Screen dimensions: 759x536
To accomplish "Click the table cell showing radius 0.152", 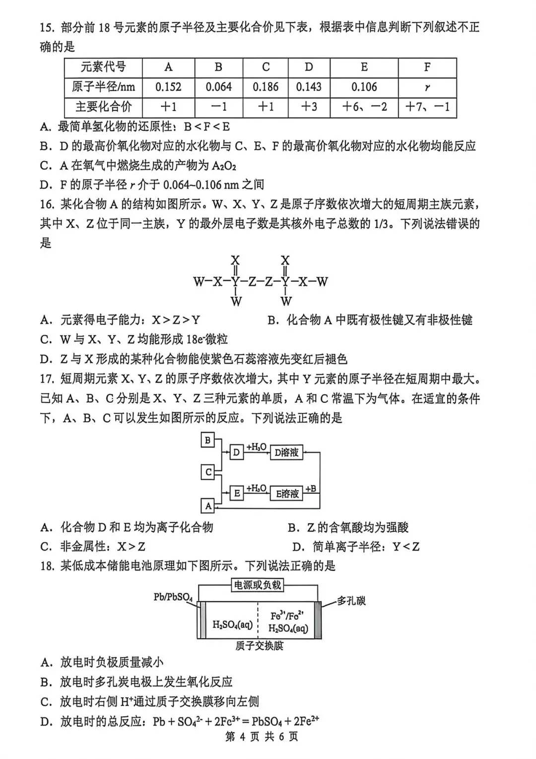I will [x=168, y=87].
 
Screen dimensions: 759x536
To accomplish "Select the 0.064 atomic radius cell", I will [x=218, y=87].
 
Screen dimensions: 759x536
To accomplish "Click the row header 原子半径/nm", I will [x=103, y=87].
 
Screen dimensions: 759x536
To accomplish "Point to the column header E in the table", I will [x=364, y=67].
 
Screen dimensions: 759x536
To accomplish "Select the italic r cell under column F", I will [x=427, y=87].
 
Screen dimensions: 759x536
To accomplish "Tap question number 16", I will [x=47, y=204].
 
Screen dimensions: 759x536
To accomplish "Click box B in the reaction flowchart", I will [x=207, y=440].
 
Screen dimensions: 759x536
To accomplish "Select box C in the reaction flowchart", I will [x=208, y=472].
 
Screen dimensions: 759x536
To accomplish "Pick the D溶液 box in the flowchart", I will [x=286, y=452].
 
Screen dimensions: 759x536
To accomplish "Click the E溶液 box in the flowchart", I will [x=287, y=494].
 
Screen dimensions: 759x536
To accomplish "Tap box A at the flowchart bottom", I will [x=208, y=506].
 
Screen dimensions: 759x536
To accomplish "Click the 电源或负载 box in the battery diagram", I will [x=258, y=585].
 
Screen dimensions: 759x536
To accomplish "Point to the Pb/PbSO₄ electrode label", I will [x=173, y=597].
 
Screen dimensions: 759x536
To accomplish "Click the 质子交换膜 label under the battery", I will [x=260, y=645].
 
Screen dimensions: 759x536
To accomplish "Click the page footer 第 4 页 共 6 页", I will [x=262, y=737].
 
